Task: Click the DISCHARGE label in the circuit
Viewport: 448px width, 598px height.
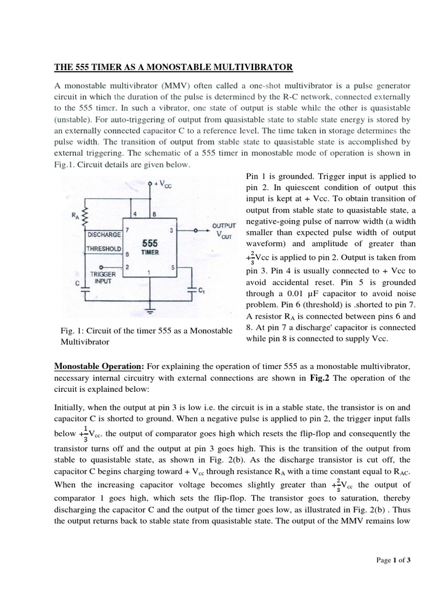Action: (103, 234)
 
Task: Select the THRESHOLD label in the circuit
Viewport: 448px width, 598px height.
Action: (103, 249)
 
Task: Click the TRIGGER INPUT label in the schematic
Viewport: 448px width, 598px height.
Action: (103, 277)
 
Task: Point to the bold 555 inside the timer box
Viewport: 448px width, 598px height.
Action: (149, 242)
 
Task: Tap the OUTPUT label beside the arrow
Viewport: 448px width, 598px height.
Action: (224, 225)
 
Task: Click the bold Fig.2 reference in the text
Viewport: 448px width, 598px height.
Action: (321, 378)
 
